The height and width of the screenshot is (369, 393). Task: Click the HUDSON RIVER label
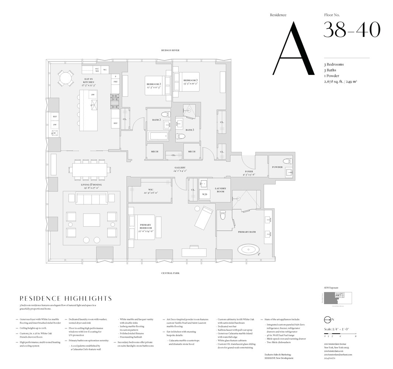pyautogui.click(x=170, y=50)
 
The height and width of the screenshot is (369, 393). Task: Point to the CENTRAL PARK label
pyautogui.click(x=170, y=273)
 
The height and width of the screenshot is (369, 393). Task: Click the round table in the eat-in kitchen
pyautogui.click(x=65, y=78)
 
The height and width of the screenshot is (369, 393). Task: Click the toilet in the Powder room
pyautogui.click(x=287, y=161)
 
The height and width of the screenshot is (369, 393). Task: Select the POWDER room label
pyautogui.click(x=277, y=167)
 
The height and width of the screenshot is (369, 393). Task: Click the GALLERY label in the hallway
pyautogui.click(x=180, y=168)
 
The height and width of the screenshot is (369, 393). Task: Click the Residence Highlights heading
pyautogui.click(x=66, y=299)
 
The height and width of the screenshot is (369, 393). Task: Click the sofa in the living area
pyautogui.click(x=91, y=199)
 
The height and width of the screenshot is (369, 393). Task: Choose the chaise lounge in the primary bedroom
pyautogui.click(x=204, y=217)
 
